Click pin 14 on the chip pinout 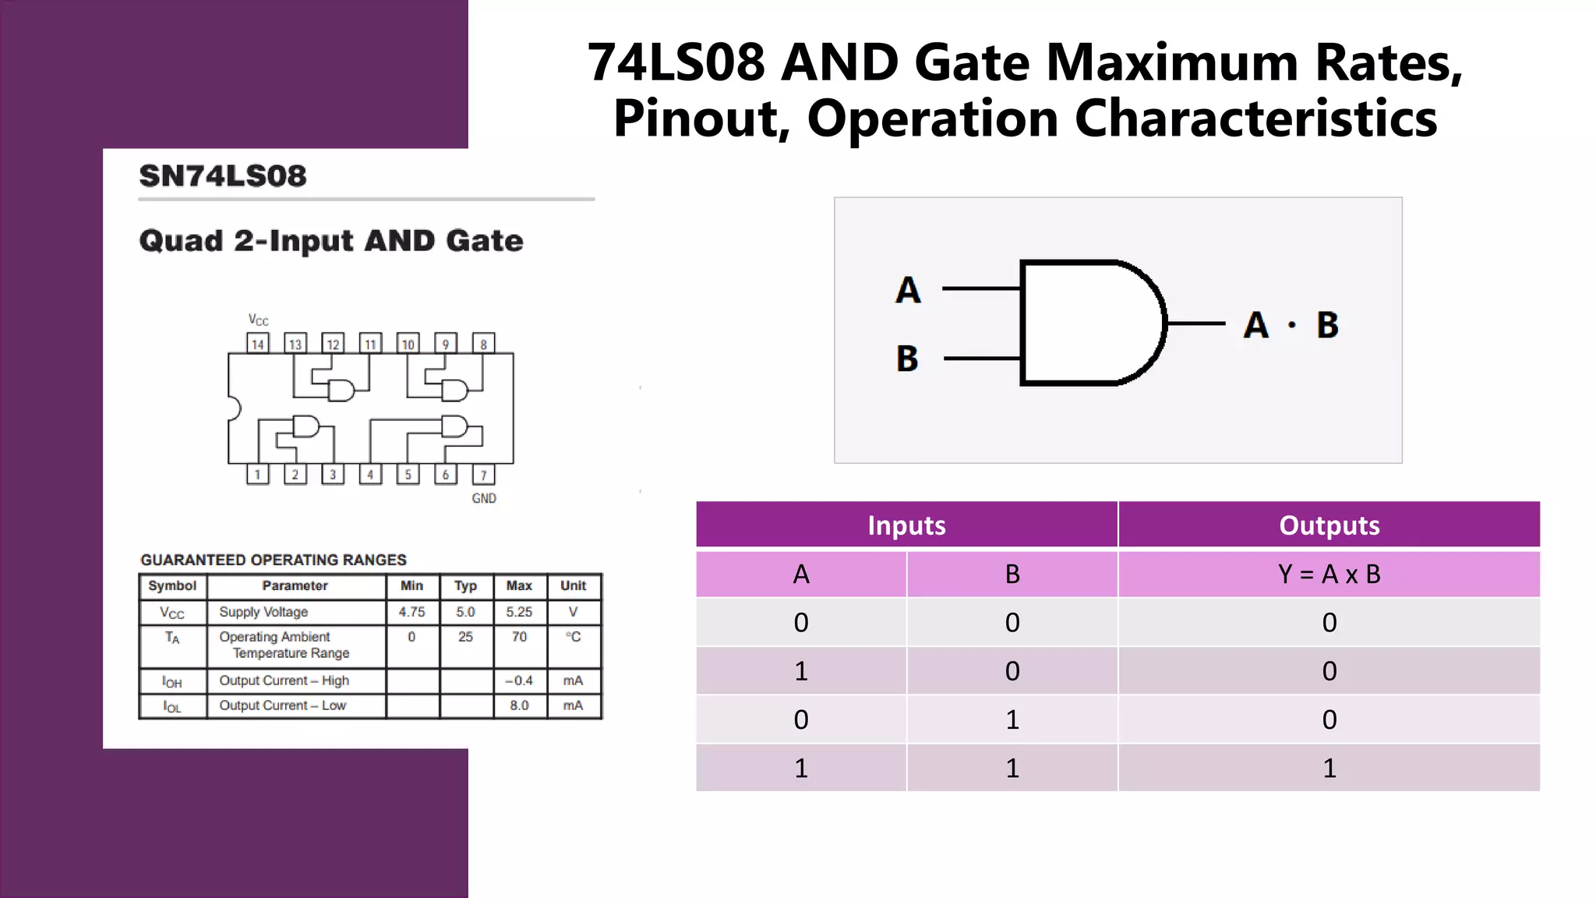click(x=258, y=344)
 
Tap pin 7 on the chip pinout click(x=483, y=475)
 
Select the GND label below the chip click(x=484, y=498)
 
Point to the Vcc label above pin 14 click(x=258, y=320)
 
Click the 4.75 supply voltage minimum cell click(x=411, y=612)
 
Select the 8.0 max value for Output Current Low click(x=519, y=705)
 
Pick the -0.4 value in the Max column click(x=519, y=681)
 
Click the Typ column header click(x=465, y=585)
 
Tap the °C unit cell click(x=573, y=637)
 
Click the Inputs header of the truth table click(x=906, y=525)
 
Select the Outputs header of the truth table click(x=1329, y=525)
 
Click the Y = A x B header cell click(x=1329, y=575)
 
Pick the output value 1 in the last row click(x=1329, y=769)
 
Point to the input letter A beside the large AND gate click(x=908, y=290)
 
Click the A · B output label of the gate click(x=1291, y=325)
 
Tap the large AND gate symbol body click(x=1091, y=323)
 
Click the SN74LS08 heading click(x=223, y=176)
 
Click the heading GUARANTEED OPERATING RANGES click(x=274, y=560)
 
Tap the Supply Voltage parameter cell click(x=263, y=612)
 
